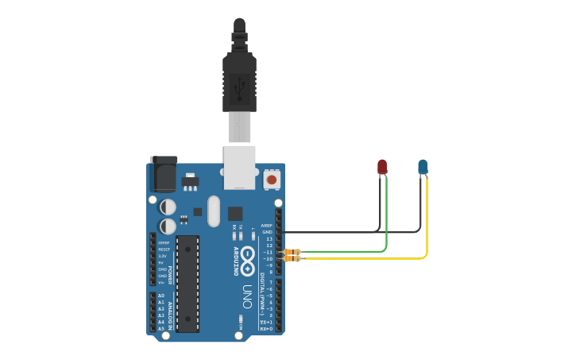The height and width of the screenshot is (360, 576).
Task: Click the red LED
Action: click(382, 167)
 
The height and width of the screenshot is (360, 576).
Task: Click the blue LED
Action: click(423, 167)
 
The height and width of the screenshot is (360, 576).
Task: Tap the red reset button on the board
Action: click(272, 180)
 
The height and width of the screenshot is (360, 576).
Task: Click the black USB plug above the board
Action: click(239, 75)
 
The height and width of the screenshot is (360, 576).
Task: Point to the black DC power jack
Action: click(164, 174)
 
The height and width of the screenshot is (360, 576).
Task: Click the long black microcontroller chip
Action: click(187, 283)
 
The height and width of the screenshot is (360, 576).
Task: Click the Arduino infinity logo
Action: click(248, 257)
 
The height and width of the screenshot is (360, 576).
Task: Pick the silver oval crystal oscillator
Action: click(213, 211)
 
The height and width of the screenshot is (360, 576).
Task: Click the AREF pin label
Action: click(267, 226)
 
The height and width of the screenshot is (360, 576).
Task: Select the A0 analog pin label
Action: click(160, 296)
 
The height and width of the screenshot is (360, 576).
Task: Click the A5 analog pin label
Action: click(160, 328)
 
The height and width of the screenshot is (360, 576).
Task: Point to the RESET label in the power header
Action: click(164, 250)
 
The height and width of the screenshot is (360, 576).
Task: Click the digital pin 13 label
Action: click(269, 238)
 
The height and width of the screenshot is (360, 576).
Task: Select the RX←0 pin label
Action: click(266, 328)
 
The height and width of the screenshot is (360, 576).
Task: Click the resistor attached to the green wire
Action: click(293, 252)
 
